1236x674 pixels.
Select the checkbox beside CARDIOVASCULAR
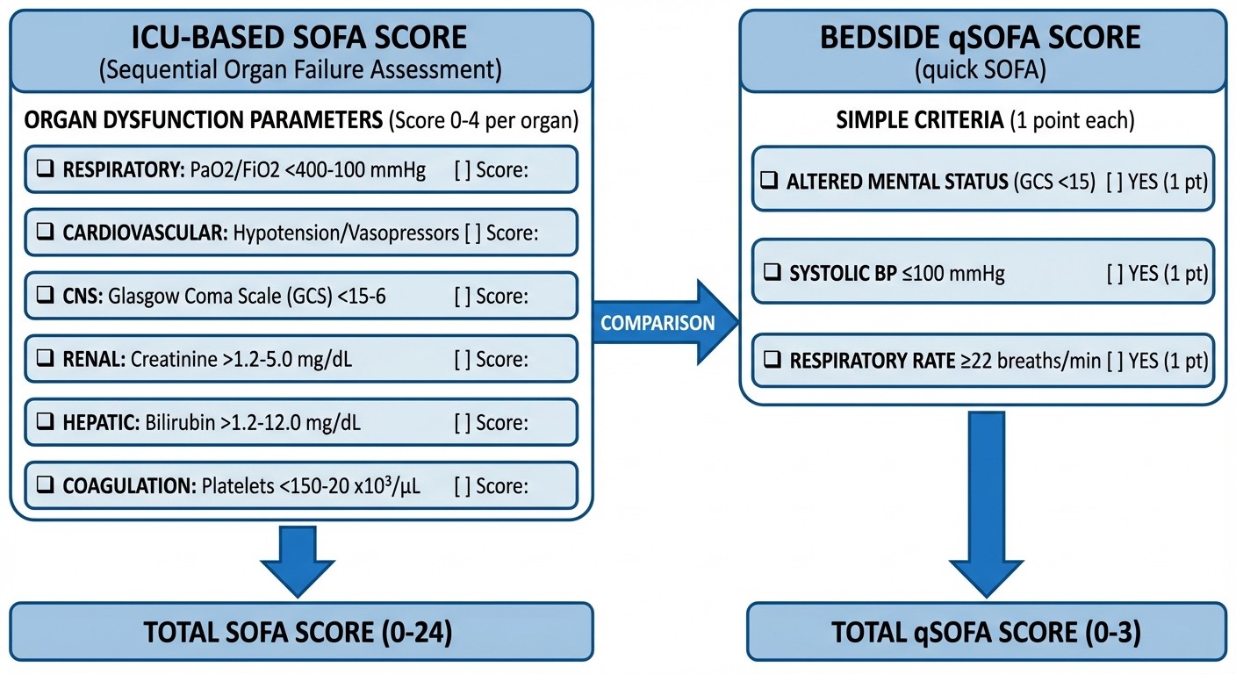(x=45, y=233)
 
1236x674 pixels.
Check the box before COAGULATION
(x=45, y=486)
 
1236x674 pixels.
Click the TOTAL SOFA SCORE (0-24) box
(x=301, y=632)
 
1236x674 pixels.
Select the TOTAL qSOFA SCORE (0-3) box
(x=986, y=632)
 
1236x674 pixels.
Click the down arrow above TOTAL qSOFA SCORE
(x=986, y=505)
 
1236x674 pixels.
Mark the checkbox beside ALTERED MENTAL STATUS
(x=770, y=182)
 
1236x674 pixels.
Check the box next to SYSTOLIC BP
(x=770, y=273)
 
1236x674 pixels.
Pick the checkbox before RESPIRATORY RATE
(x=770, y=361)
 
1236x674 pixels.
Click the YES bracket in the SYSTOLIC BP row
(x=1115, y=273)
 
